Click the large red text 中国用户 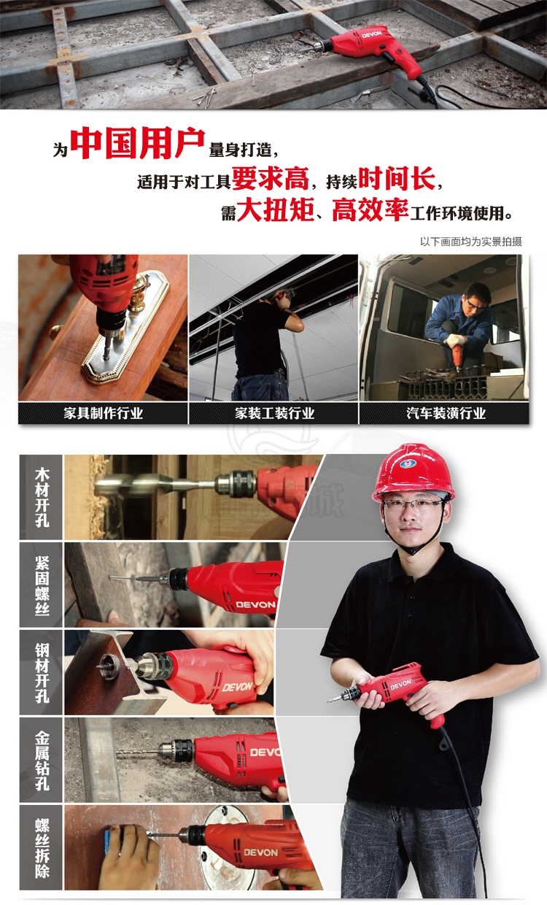click(138, 143)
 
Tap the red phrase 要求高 click(271, 178)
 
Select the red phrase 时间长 click(397, 178)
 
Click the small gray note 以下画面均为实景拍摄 click(471, 242)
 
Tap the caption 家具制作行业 click(103, 413)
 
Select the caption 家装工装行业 click(274, 413)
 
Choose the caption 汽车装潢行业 click(446, 413)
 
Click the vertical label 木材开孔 click(42, 497)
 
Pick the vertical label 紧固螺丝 click(42, 585)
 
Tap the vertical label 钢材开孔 click(42, 673)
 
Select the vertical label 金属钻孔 click(42, 760)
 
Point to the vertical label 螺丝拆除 click(42, 848)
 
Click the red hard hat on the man click(413, 472)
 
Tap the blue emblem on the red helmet click(408, 464)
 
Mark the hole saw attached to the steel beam click(108, 666)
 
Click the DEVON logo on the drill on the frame click(371, 34)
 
